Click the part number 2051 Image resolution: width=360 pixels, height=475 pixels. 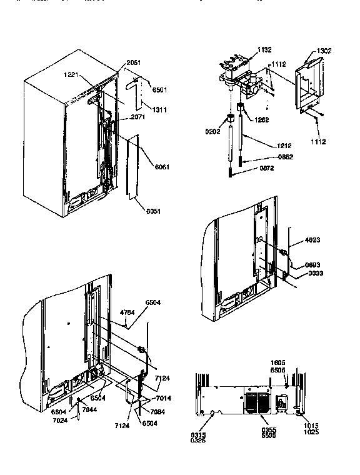click(x=133, y=62)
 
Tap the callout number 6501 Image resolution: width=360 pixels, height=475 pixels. click(x=159, y=90)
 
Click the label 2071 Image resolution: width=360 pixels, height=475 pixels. click(x=138, y=117)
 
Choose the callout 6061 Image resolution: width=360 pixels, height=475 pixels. click(x=162, y=167)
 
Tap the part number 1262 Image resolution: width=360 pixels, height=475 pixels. click(x=261, y=120)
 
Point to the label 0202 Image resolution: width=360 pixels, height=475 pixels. click(x=214, y=132)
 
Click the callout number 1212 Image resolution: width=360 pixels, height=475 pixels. click(x=284, y=146)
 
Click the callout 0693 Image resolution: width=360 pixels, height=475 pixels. click(x=314, y=265)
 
